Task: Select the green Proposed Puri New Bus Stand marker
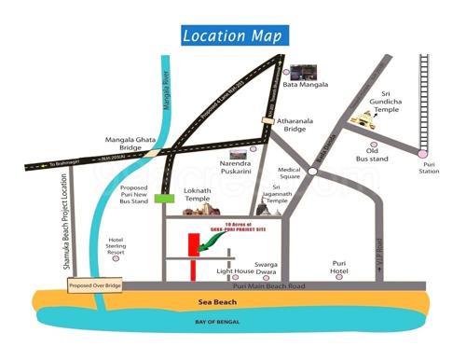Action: (166, 198)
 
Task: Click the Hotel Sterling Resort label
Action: (116, 247)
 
